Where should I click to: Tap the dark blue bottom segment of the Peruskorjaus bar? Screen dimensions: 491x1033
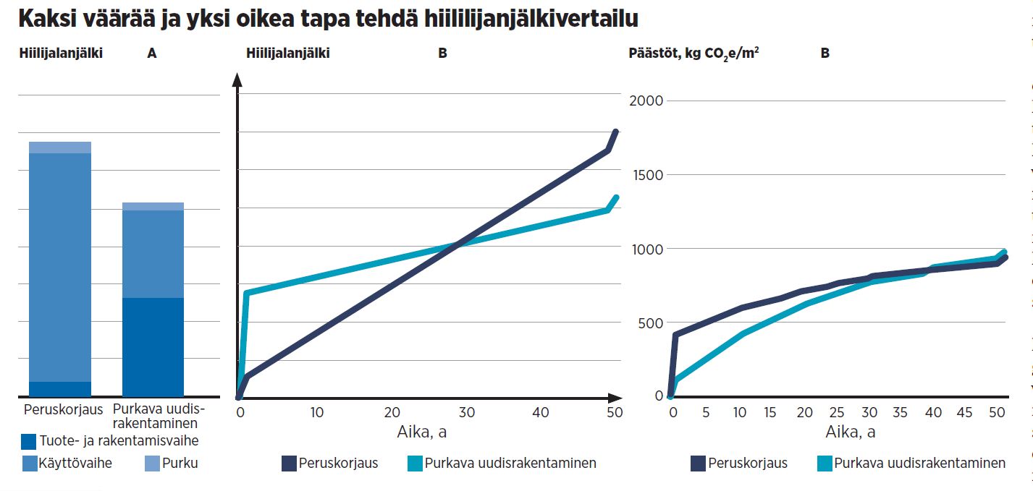(x=60, y=388)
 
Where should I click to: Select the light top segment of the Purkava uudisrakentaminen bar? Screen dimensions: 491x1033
(x=153, y=206)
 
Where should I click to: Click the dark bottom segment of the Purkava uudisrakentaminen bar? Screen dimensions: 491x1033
(x=153, y=346)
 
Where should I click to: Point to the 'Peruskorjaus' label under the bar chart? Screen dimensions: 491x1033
(x=60, y=409)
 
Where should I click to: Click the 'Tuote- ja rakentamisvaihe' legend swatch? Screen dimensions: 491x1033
(x=28, y=440)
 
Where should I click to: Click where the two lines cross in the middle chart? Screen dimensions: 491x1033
(x=455, y=244)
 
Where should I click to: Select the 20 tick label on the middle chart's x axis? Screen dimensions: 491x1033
(x=392, y=412)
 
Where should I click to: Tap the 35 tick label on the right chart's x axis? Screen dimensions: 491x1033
(x=900, y=412)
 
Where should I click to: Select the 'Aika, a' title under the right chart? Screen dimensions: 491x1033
(x=850, y=432)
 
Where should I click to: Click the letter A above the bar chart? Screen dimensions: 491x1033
(x=151, y=53)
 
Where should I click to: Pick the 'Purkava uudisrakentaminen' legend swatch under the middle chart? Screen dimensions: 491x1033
(x=415, y=463)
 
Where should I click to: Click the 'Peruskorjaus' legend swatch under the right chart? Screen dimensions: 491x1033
(x=699, y=463)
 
